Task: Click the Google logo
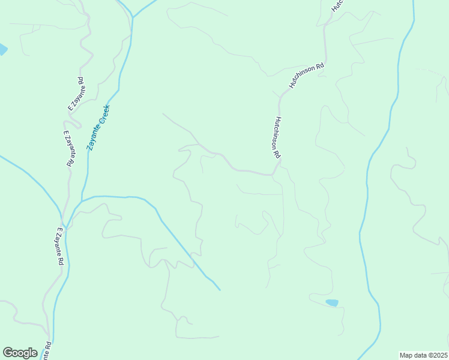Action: pyautogui.click(x=20, y=353)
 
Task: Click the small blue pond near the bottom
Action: pyautogui.click(x=331, y=303)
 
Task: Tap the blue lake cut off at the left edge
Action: pyautogui.click(x=2, y=49)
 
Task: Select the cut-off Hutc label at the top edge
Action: pyautogui.click(x=338, y=6)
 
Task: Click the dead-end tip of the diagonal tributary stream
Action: pyautogui.click(x=220, y=290)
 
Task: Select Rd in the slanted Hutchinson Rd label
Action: pyautogui.click(x=320, y=64)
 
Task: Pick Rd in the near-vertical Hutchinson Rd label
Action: pyautogui.click(x=279, y=155)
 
